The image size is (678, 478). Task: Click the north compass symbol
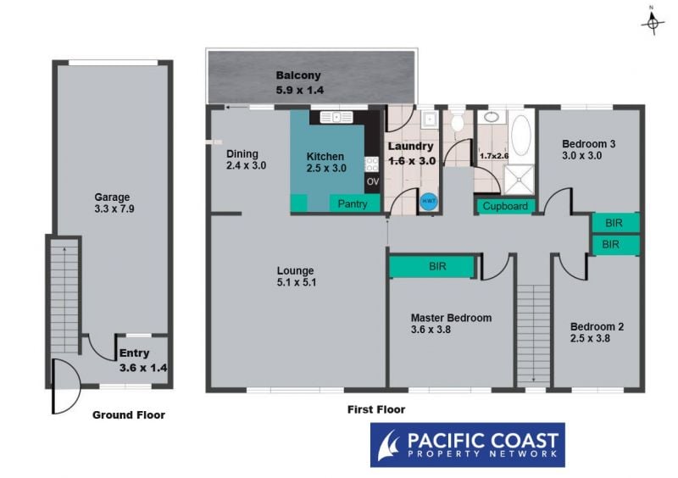pos(653,23)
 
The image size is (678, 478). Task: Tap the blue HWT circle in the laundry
pos(429,201)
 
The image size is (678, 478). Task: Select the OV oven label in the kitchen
pos(373,181)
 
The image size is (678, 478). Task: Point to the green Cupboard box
pos(505,206)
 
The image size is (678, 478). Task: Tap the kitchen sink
pos(336,117)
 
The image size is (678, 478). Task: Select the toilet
pos(457,120)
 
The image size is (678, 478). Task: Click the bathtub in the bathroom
pos(521,136)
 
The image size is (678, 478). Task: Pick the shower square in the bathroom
pos(519,180)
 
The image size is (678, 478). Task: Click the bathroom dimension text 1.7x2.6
pos(494,156)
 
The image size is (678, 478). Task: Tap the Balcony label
pos(298,75)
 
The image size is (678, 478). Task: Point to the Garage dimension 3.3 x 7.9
pos(114,209)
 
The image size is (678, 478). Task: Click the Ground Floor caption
pos(129,415)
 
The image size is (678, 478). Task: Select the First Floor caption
pos(376,409)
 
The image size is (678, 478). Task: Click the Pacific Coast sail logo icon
pos(388,445)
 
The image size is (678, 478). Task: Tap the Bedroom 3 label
pos(588,144)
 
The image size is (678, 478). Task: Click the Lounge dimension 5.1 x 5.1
pos(296,282)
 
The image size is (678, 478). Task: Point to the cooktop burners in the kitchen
pos(372,164)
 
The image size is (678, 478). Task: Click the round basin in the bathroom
pos(492,116)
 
